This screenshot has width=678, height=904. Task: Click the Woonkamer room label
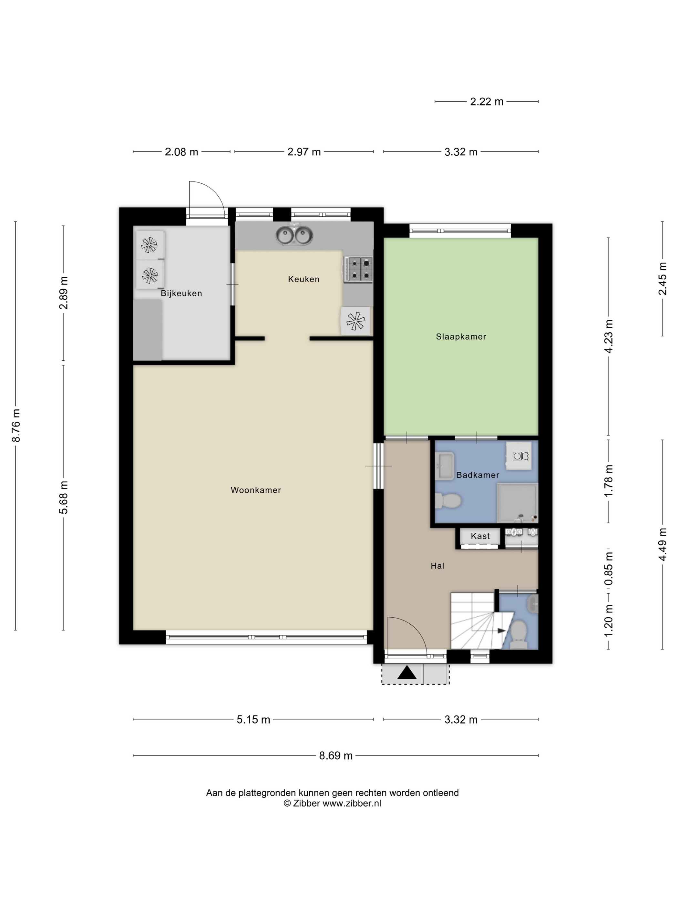coord(256,490)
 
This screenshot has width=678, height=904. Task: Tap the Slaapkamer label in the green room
coord(461,337)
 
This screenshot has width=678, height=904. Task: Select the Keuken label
coord(304,279)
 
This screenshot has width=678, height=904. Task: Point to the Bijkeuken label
coord(181,293)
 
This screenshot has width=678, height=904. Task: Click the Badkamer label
coord(478,475)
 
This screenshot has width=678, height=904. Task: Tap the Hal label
coord(437,566)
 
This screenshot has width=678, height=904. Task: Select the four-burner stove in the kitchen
coord(358,269)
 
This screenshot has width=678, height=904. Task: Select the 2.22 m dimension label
coord(487,102)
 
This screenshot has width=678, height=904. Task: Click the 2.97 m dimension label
coord(304,152)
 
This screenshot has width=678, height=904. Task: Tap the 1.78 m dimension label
coord(609,481)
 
